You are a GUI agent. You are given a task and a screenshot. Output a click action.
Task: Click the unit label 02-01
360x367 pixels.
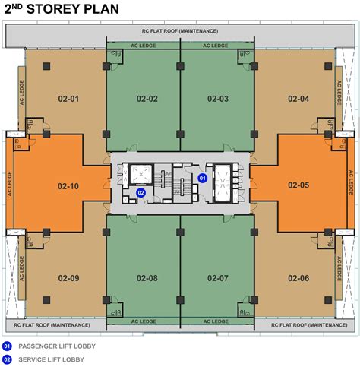pyautogui.click(x=68, y=99)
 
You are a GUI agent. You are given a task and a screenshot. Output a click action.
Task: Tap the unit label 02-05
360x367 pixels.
pyautogui.click(x=298, y=185)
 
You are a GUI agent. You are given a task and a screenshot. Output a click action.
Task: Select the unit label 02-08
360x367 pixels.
pyautogui.click(x=147, y=278)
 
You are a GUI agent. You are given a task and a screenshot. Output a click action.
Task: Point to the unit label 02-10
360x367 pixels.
pyautogui.click(x=68, y=186)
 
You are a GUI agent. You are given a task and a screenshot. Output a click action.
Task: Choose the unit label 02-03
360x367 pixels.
pyautogui.click(x=218, y=99)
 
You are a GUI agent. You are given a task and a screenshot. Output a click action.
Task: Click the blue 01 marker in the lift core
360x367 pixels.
pyautogui.click(x=202, y=179)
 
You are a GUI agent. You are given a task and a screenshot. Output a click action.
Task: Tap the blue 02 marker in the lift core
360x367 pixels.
pyautogui.click(x=141, y=193)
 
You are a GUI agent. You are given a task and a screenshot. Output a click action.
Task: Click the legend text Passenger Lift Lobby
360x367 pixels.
pyautogui.click(x=57, y=346)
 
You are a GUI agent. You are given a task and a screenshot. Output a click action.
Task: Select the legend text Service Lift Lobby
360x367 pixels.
pyautogui.click(x=51, y=359)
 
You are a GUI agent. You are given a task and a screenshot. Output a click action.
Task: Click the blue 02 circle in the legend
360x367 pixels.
pyautogui.click(x=7, y=359)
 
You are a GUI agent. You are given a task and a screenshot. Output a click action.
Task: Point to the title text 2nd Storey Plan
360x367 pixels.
pyautogui.click(x=62, y=9)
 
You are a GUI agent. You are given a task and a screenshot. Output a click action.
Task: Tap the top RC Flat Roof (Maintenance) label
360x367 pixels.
pyautogui.click(x=180, y=31)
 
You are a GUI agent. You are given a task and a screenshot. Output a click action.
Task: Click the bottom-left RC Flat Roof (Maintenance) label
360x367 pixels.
pyautogui.click(x=52, y=325)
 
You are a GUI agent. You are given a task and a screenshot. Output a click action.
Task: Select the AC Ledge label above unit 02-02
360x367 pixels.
pyautogui.click(x=144, y=46)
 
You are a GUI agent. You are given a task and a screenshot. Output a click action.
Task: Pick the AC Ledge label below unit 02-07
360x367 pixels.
pyautogui.click(x=216, y=321)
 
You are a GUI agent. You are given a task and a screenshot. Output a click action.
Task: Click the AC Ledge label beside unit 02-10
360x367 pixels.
pyautogui.click(x=10, y=184)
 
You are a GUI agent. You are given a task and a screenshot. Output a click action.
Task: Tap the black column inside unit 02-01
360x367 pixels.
pyautogui.click(x=46, y=66)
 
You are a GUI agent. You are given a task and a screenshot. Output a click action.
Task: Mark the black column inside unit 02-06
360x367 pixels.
pyautogui.click(x=328, y=300)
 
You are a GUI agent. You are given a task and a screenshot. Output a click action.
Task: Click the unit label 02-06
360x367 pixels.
pyautogui.click(x=298, y=278)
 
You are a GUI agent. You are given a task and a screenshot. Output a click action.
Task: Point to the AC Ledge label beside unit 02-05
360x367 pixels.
pyautogui.click(x=351, y=182)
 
